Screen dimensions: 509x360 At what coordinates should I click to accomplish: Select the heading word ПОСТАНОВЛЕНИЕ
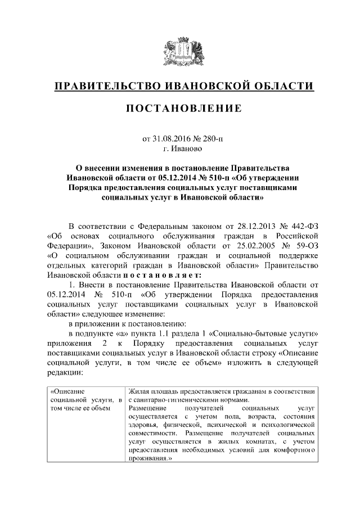179,108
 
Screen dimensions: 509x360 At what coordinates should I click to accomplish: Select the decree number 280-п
211,139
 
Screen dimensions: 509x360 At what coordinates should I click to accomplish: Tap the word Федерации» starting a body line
66,246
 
